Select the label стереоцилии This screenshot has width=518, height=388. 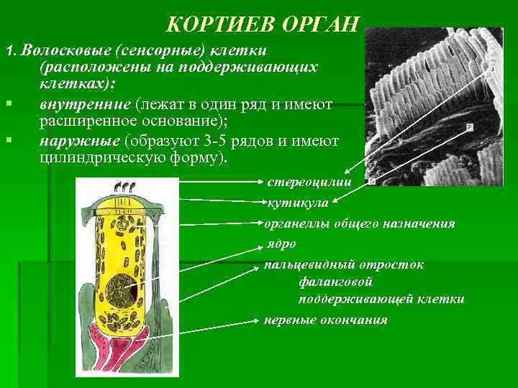tap(309, 182)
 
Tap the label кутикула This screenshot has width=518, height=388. tap(297, 203)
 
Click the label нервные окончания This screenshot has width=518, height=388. tap(325, 320)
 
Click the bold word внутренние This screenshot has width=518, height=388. tap(76, 104)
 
